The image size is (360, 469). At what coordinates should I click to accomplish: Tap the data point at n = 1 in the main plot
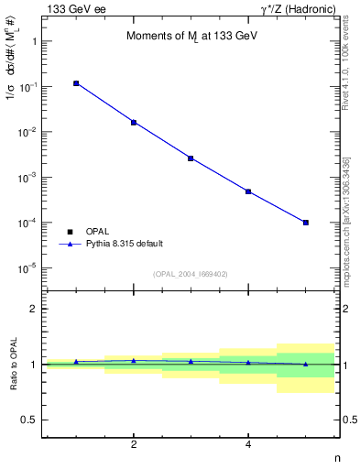click(x=76, y=83)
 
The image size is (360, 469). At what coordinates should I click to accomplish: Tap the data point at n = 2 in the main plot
click(x=134, y=122)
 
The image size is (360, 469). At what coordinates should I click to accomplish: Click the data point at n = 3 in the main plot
click(x=191, y=158)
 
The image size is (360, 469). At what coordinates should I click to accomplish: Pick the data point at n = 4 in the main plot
click(x=248, y=191)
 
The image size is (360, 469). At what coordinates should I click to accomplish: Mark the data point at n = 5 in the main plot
click(x=306, y=223)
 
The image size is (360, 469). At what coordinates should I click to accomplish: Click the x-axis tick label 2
click(x=134, y=445)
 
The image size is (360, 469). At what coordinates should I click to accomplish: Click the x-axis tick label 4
click(x=248, y=445)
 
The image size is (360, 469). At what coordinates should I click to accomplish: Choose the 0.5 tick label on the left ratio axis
click(x=28, y=420)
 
